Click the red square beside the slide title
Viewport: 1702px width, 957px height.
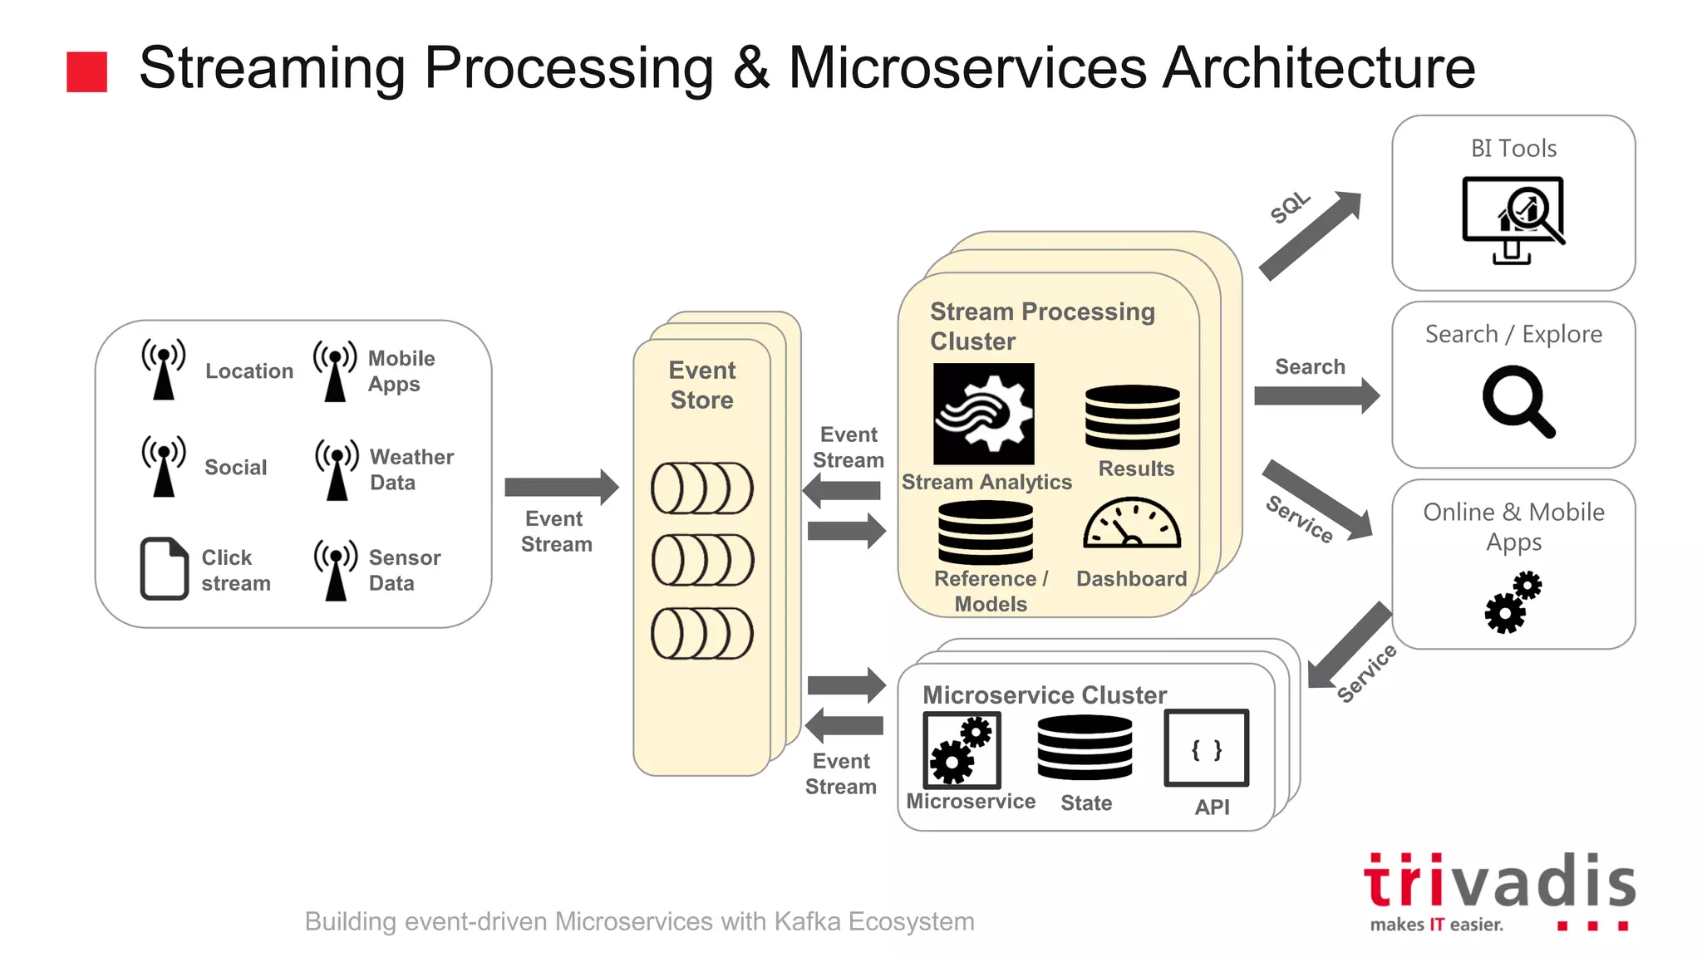86,71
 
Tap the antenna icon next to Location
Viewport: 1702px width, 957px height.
164,369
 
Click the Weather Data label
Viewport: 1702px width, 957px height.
411,469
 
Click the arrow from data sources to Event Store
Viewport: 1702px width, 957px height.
561,487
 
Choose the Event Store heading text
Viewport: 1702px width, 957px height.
702,385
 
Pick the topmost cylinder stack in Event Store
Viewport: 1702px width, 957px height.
702,488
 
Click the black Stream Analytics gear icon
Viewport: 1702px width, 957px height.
983,414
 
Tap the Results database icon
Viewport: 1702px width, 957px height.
1132,417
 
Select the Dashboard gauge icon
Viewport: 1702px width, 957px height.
1131,524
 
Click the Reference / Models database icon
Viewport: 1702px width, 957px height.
986,532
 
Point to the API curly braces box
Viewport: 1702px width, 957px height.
1206,748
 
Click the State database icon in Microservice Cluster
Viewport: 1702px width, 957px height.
1085,748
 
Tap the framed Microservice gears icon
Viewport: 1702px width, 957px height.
962,750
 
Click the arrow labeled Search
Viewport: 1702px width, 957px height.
1316,395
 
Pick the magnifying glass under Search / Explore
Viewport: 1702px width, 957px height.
1517,401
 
